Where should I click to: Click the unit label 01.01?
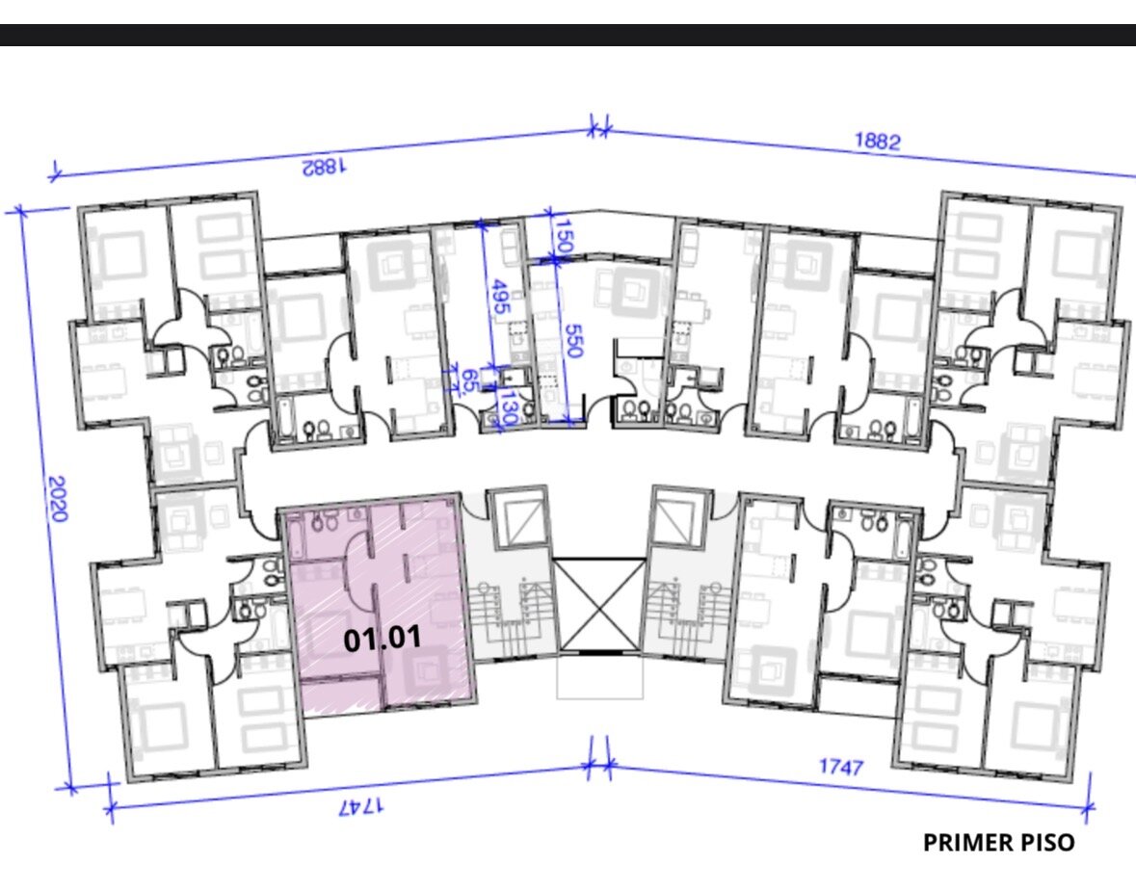382,639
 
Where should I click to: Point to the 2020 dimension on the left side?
58,499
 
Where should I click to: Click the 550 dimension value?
573,341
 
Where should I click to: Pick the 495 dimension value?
499,297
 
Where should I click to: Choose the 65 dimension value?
468,380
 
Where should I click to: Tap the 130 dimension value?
508,407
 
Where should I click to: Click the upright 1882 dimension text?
878,141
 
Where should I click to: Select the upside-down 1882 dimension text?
324,168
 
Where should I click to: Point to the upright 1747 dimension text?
841,766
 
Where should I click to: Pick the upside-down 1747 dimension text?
362,806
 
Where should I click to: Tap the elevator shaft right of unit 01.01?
517,518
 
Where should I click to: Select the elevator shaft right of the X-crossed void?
679,517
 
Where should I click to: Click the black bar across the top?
568,35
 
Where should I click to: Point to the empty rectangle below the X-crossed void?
600,676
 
